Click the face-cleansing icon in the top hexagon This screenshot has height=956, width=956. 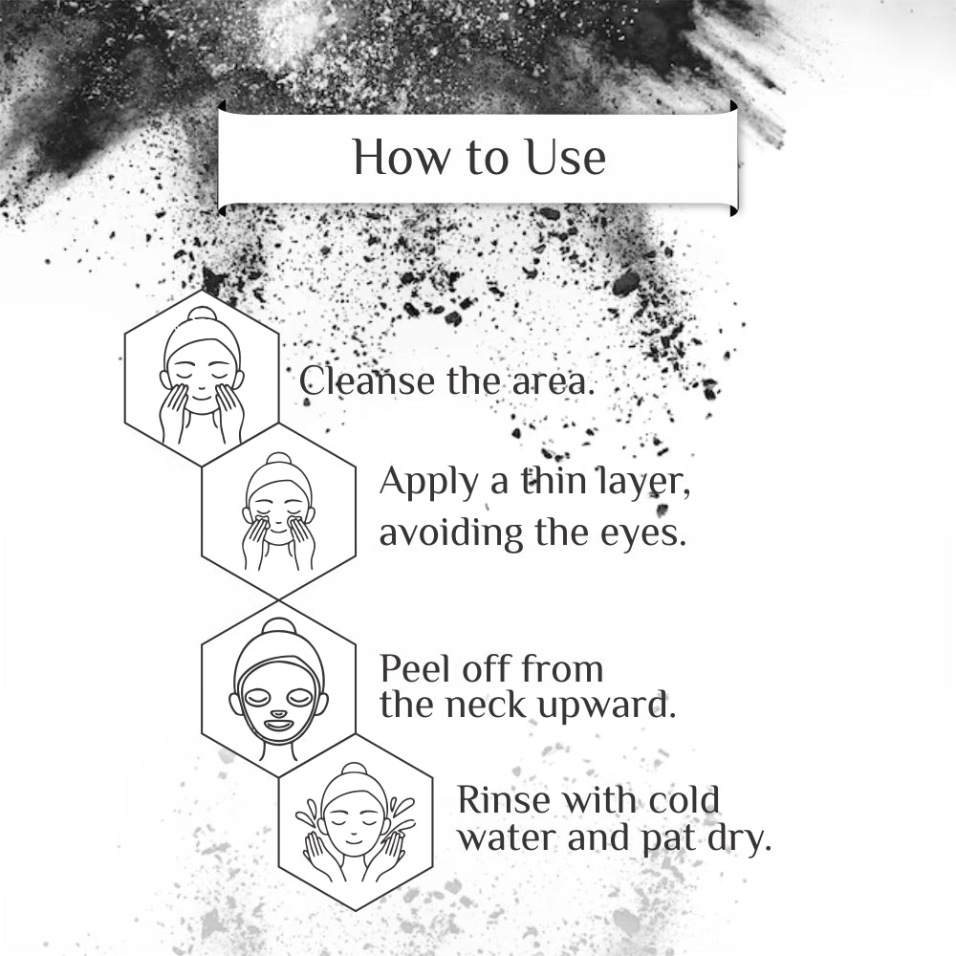(202, 377)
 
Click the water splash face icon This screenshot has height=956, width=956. (355, 823)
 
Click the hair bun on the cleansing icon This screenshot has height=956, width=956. (202, 315)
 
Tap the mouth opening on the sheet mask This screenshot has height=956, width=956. (278, 725)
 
